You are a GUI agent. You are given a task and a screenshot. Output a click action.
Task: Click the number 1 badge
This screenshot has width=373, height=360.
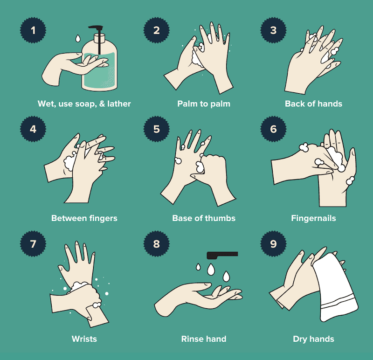(33, 30)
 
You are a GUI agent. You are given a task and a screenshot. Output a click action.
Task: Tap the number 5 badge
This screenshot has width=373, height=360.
(157, 129)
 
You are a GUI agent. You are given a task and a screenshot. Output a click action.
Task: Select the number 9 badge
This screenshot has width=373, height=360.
(273, 243)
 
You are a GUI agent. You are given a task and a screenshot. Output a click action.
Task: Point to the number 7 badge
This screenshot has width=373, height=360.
(33, 243)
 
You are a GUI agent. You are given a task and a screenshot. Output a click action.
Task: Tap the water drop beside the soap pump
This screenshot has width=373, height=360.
(78, 39)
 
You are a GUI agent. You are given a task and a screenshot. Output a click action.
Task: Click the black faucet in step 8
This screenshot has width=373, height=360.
(222, 255)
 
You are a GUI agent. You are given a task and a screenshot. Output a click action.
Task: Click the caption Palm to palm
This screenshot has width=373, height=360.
(204, 104)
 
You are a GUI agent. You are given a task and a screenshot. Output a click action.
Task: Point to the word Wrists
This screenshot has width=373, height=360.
(84, 339)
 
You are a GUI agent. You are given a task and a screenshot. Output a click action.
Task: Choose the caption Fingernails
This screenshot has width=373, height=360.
(313, 218)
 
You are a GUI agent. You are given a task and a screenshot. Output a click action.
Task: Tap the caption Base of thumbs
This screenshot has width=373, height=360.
(204, 218)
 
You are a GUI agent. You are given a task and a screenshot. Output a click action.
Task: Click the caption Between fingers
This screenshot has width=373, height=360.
(84, 218)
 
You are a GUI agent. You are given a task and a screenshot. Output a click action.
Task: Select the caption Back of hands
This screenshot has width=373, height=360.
(313, 104)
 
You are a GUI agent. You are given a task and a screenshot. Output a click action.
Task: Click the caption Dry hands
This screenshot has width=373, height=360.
(313, 339)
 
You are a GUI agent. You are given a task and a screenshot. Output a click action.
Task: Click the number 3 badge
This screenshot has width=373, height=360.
(273, 30)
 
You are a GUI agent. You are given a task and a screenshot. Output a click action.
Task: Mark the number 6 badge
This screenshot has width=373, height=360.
(273, 129)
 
